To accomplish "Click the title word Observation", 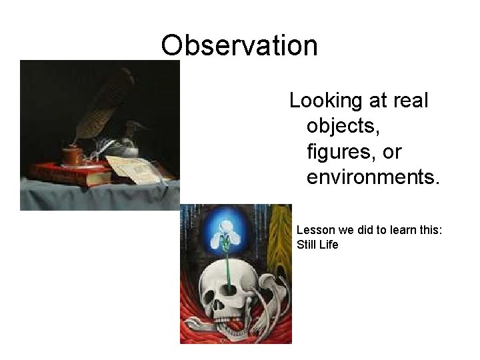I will [x=239, y=45].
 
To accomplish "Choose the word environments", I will [x=373, y=177].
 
